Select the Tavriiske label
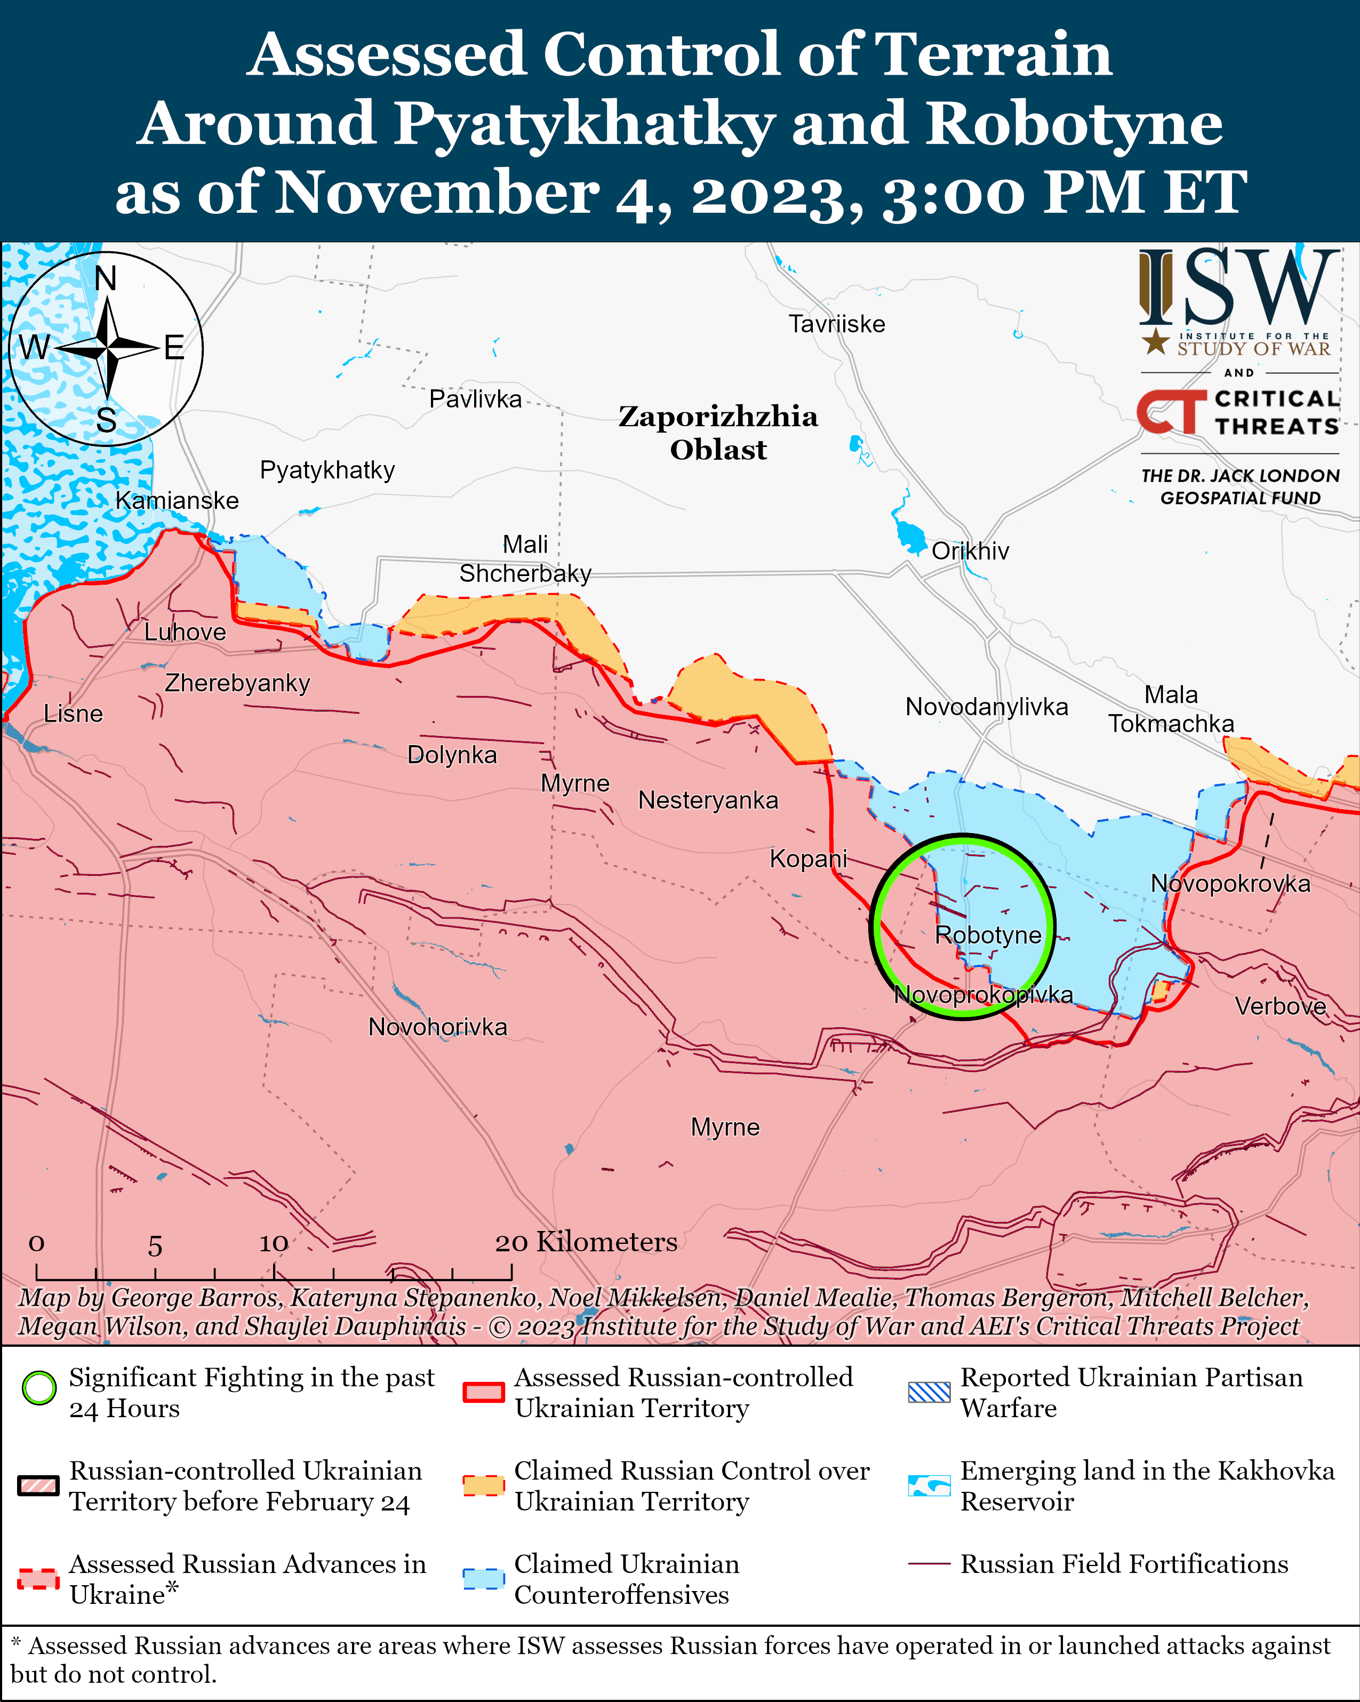[x=837, y=324]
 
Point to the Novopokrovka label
[x=1230, y=883]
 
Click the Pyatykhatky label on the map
[x=327, y=470]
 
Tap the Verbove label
[x=1279, y=1006]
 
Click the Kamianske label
[x=177, y=500]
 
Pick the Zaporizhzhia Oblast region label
[x=717, y=433]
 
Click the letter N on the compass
[x=106, y=278]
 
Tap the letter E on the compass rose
[x=174, y=347]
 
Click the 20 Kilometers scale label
[x=586, y=1242]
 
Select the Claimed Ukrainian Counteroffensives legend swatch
[x=483, y=1579]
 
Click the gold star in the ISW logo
[x=1156, y=342]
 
